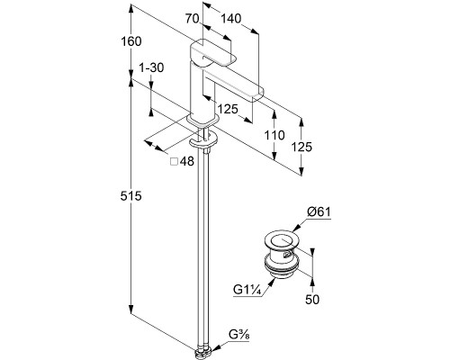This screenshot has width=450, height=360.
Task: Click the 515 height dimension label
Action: coord(130,196)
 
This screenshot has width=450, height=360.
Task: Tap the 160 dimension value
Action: coord(130,41)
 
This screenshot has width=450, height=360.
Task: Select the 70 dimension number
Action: coord(192,19)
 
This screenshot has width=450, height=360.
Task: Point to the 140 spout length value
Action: coord(231,19)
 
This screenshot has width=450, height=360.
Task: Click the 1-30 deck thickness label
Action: coord(151,67)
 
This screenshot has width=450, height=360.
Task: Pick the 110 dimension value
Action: coord(274,135)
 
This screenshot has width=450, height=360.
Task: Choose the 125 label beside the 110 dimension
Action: coord(301,147)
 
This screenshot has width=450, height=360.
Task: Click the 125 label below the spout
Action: coord(228,109)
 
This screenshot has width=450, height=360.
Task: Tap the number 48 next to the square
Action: coord(187,162)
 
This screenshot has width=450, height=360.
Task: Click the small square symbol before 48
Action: coord(174,162)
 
